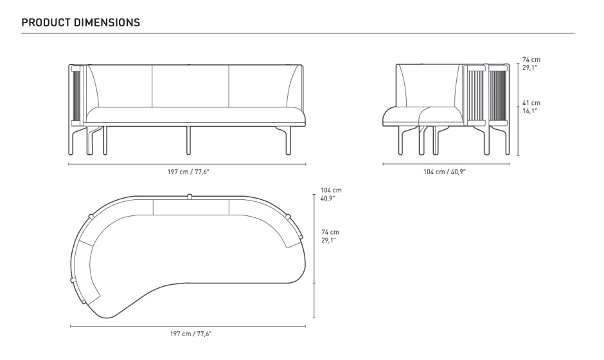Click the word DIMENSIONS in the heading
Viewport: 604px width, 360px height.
click(x=107, y=22)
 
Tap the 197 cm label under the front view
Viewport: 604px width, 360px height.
click(x=188, y=172)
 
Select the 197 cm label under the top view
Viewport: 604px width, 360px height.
click(x=191, y=334)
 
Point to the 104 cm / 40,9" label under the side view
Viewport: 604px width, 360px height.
click(x=445, y=172)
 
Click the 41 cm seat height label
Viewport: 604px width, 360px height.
click(x=531, y=107)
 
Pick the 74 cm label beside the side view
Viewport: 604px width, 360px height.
click(x=531, y=63)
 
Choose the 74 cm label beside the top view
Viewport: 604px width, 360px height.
click(x=330, y=236)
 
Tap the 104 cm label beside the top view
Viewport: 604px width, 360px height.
click(x=331, y=194)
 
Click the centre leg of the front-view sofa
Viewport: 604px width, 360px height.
click(x=188, y=140)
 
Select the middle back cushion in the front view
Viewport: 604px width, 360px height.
click(x=190, y=86)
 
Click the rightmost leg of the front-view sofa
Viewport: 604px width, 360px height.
click(x=287, y=140)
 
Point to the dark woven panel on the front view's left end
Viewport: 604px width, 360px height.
click(x=76, y=96)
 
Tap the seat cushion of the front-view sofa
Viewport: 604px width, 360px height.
click(x=195, y=115)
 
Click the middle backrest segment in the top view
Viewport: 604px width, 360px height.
click(x=191, y=207)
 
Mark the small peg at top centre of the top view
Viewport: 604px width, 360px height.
click(x=189, y=197)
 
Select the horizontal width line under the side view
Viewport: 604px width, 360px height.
click(x=446, y=164)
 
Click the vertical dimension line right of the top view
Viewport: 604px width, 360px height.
click(x=314, y=256)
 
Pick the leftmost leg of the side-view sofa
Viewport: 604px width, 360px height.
click(x=400, y=140)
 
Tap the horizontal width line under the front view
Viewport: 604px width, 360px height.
click(x=187, y=164)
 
